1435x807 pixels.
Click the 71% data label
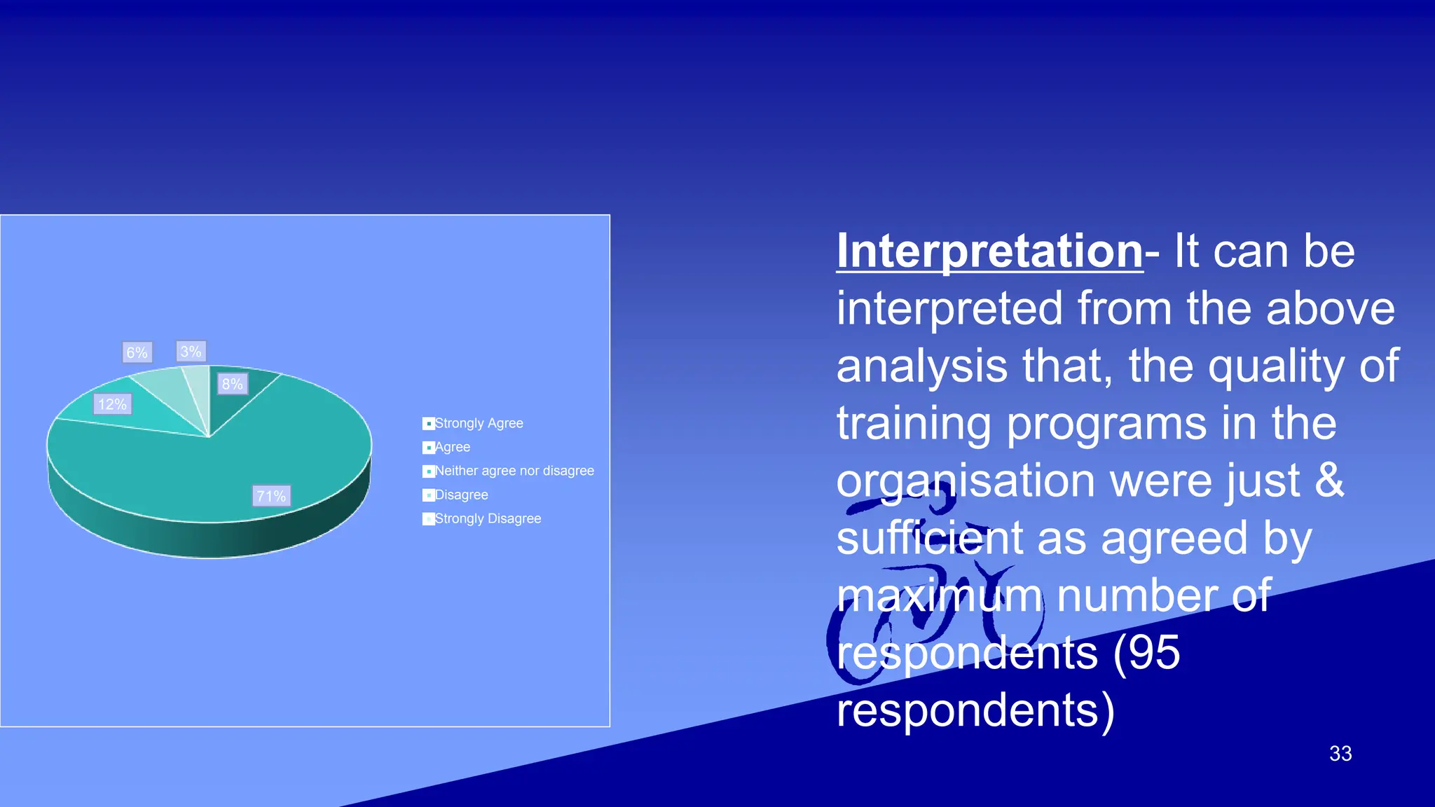click(271, 496)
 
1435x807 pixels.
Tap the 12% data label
click(112, 404)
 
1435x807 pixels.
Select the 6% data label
click(137, 352)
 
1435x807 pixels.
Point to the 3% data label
click(191, 351)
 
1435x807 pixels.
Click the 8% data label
click(232, 384)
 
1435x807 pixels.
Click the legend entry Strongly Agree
click(479, 423)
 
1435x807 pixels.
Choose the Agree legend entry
click(452, 447)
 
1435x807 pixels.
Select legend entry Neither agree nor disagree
click(514, 471)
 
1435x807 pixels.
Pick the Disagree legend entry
click(461, 495)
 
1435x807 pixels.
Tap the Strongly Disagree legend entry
click(488, 518)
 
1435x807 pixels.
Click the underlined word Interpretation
click(989, 251)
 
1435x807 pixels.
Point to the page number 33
click(1340, 753)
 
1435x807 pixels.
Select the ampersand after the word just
click(1329, 480)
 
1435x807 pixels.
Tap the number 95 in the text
click(1153, 652)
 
